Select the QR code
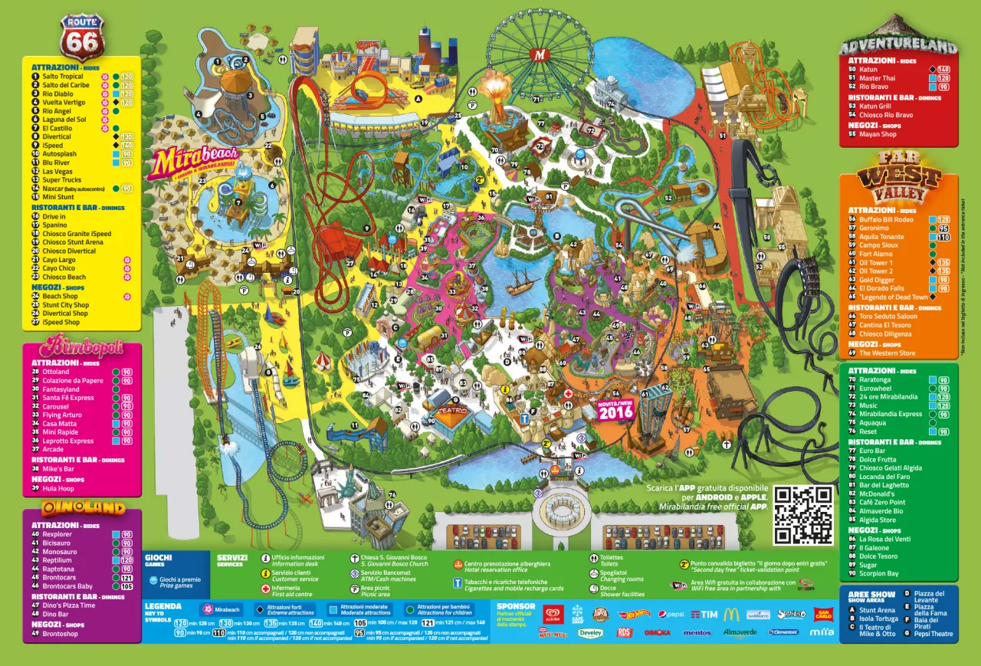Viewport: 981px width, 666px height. pyautogui.click(x=803, y=514)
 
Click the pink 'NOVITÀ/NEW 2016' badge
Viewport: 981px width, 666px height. pyautogui.click(x=616, y=410)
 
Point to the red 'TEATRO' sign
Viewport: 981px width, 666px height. pyautogui.click(x=451, y=410)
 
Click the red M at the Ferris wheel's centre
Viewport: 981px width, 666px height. pyautogui.click(x=542, y=54)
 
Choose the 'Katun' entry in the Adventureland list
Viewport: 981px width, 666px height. pyautogui.click(x=868, y=70)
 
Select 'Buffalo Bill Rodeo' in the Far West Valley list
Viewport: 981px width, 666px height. pyautogui.click(x=886, y=219)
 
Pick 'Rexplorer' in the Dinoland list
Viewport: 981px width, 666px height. pyautogui.click(x=57, y=534)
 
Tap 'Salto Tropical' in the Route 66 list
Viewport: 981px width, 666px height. pyautogui.click(x=63, y=77)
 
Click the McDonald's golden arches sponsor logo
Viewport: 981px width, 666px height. pyautogui.click(x=730, y=614)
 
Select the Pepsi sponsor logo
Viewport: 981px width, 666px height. pyautogui.click(x=671, y=615)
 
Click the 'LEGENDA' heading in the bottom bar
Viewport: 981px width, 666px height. pyautogui.click(x=162, y=605)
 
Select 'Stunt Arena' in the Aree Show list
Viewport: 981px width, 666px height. pyautogui.click(x=877, y=611)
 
